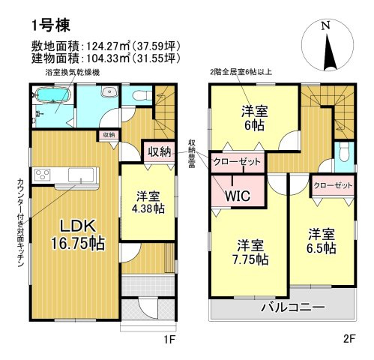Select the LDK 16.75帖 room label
click(x=73, y=235)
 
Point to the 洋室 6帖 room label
click(x=253, y=118)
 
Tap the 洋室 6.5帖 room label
click(x=320, y=241)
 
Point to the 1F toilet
click(x=138, y=96)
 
